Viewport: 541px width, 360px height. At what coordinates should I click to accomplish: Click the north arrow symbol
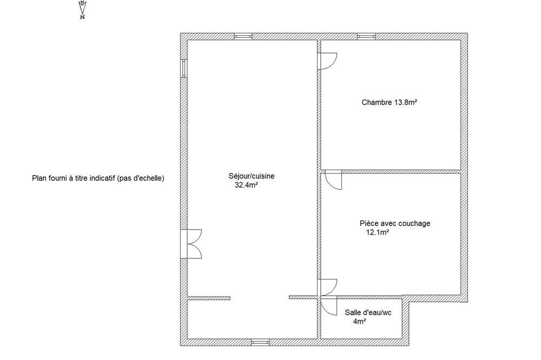point(82,8)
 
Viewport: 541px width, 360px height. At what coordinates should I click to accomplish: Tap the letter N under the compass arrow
point(82,17)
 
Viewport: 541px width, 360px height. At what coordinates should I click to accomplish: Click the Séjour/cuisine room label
point(252,176)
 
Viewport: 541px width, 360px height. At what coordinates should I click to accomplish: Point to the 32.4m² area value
point(247,185)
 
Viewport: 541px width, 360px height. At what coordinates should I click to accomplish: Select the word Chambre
point(377,102)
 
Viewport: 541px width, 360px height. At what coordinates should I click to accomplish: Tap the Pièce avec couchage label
point(395,223)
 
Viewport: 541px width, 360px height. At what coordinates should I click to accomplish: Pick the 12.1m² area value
point(378,232)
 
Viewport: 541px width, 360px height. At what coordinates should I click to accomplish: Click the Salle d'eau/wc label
point(368,313)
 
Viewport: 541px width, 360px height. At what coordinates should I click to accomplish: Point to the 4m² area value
point(360,322)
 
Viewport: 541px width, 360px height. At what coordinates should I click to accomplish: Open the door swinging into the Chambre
point(327,61)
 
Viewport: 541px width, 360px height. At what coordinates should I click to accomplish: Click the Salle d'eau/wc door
point(329,306)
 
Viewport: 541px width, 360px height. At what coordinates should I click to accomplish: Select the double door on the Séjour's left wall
point(191,244)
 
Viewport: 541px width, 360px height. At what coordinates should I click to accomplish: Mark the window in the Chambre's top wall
point(366,36)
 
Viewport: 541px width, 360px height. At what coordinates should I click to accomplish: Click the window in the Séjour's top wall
point(243,36)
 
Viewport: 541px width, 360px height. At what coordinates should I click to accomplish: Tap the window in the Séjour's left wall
point(184,68)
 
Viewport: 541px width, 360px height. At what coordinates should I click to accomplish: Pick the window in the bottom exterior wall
point(260,342)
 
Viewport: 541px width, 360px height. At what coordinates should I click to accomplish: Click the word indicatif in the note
point(102,178)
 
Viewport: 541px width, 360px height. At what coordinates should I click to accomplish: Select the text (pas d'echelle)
point(141,178)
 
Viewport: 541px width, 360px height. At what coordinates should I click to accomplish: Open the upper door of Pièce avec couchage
point(332,180)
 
